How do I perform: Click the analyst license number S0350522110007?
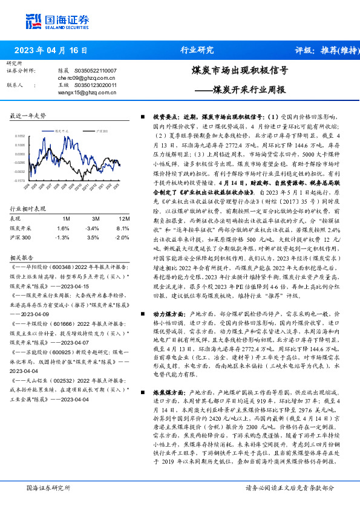tap(95, 71)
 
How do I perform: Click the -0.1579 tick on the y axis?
tap(20, 180)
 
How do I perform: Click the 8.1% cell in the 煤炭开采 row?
tap(123, 211)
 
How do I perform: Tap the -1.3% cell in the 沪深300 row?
tap(63, 221)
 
